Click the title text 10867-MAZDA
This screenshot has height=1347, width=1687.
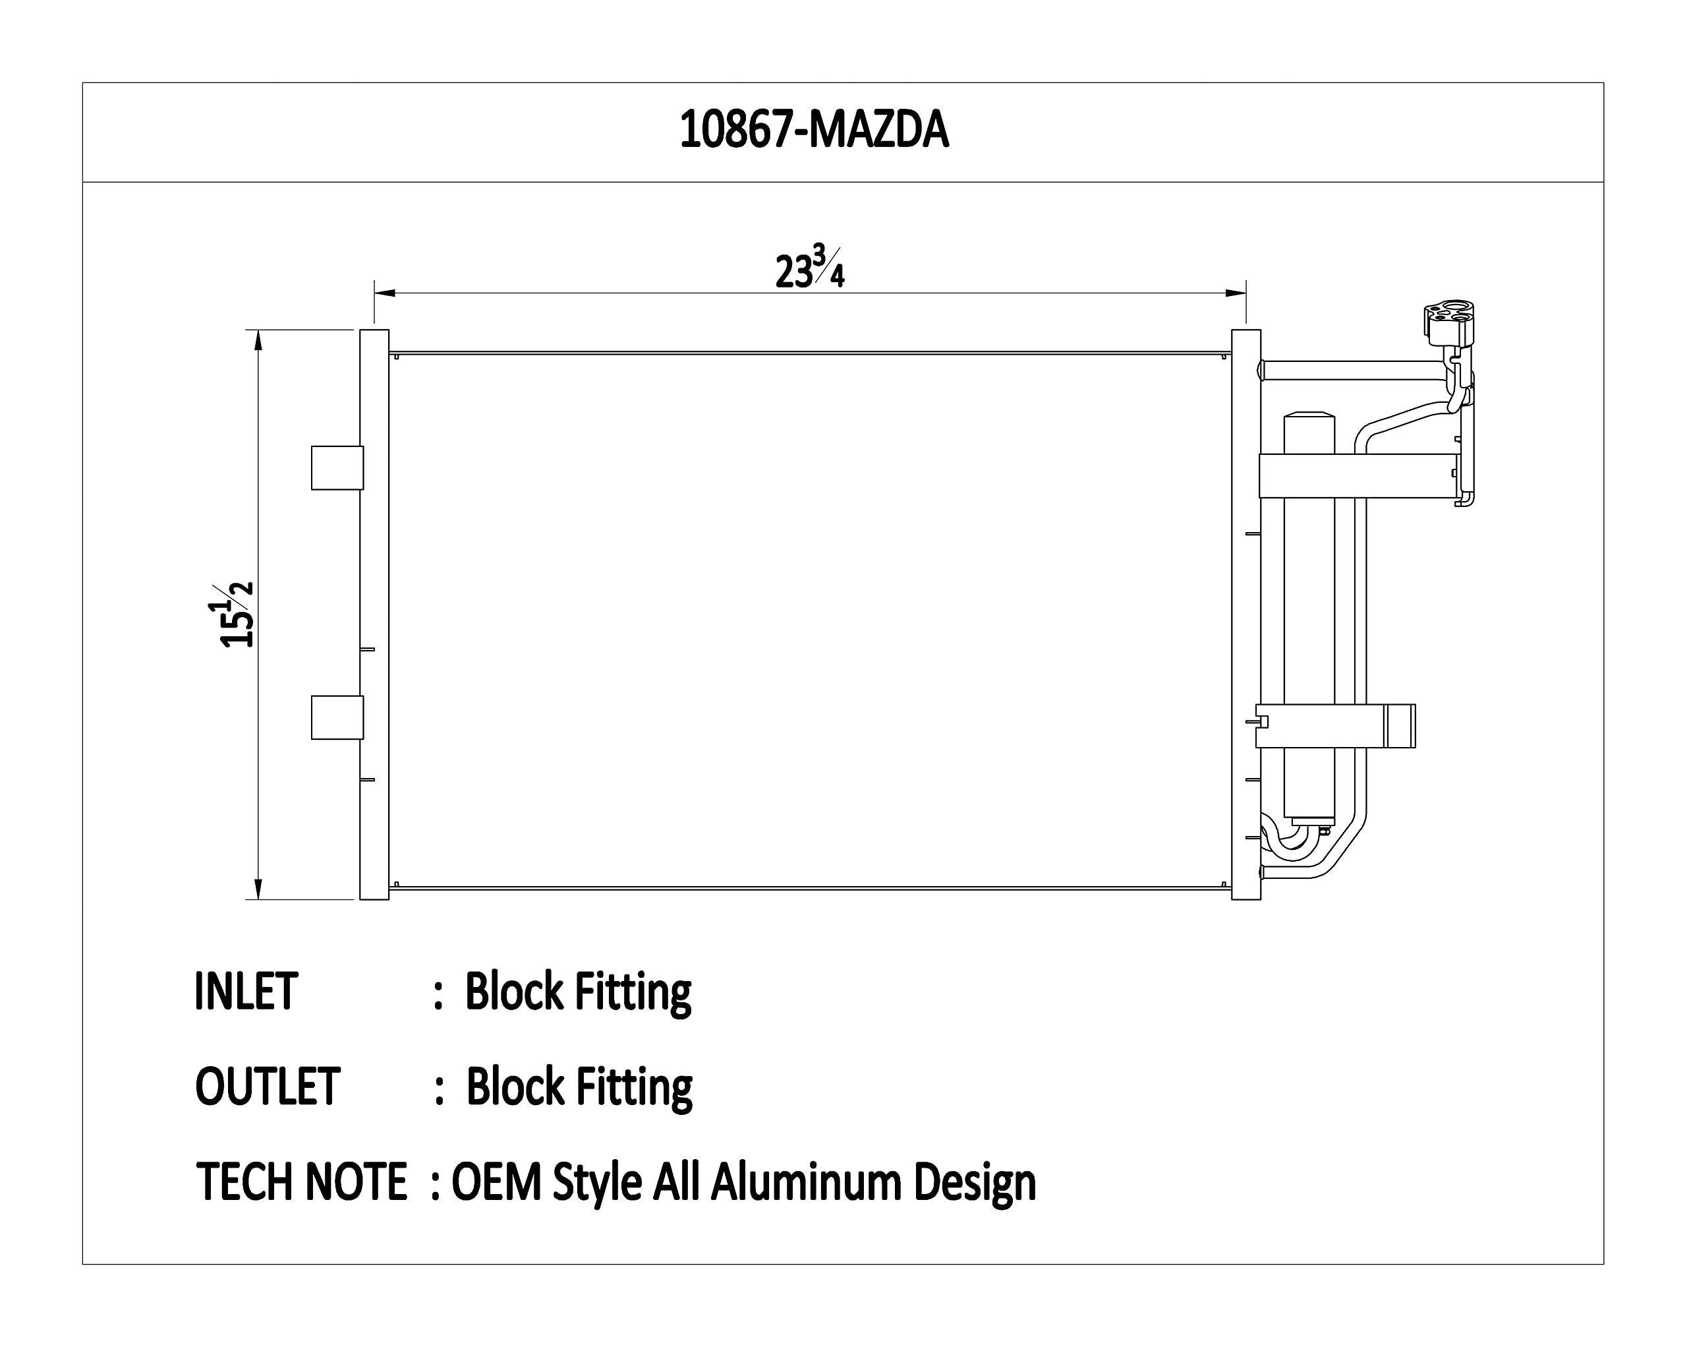pyautogui.click(x=814, y=129)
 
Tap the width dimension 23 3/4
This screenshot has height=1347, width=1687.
pyautogui.click(x=810, y=267)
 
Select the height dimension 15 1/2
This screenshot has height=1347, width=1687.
pyautogui.click(x=237, y=614)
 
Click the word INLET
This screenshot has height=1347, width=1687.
pyautogui.click(x=246, y=991)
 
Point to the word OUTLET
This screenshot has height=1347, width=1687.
pyautogui.click(x=268, y=1086)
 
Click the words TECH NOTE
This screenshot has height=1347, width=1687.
pyautogui.click(x=301, y=1181)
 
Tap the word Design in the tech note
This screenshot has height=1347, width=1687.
pyautogui.click(x=975, y=1183)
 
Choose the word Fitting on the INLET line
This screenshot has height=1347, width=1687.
pyautogui.click(x=633, y=994)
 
